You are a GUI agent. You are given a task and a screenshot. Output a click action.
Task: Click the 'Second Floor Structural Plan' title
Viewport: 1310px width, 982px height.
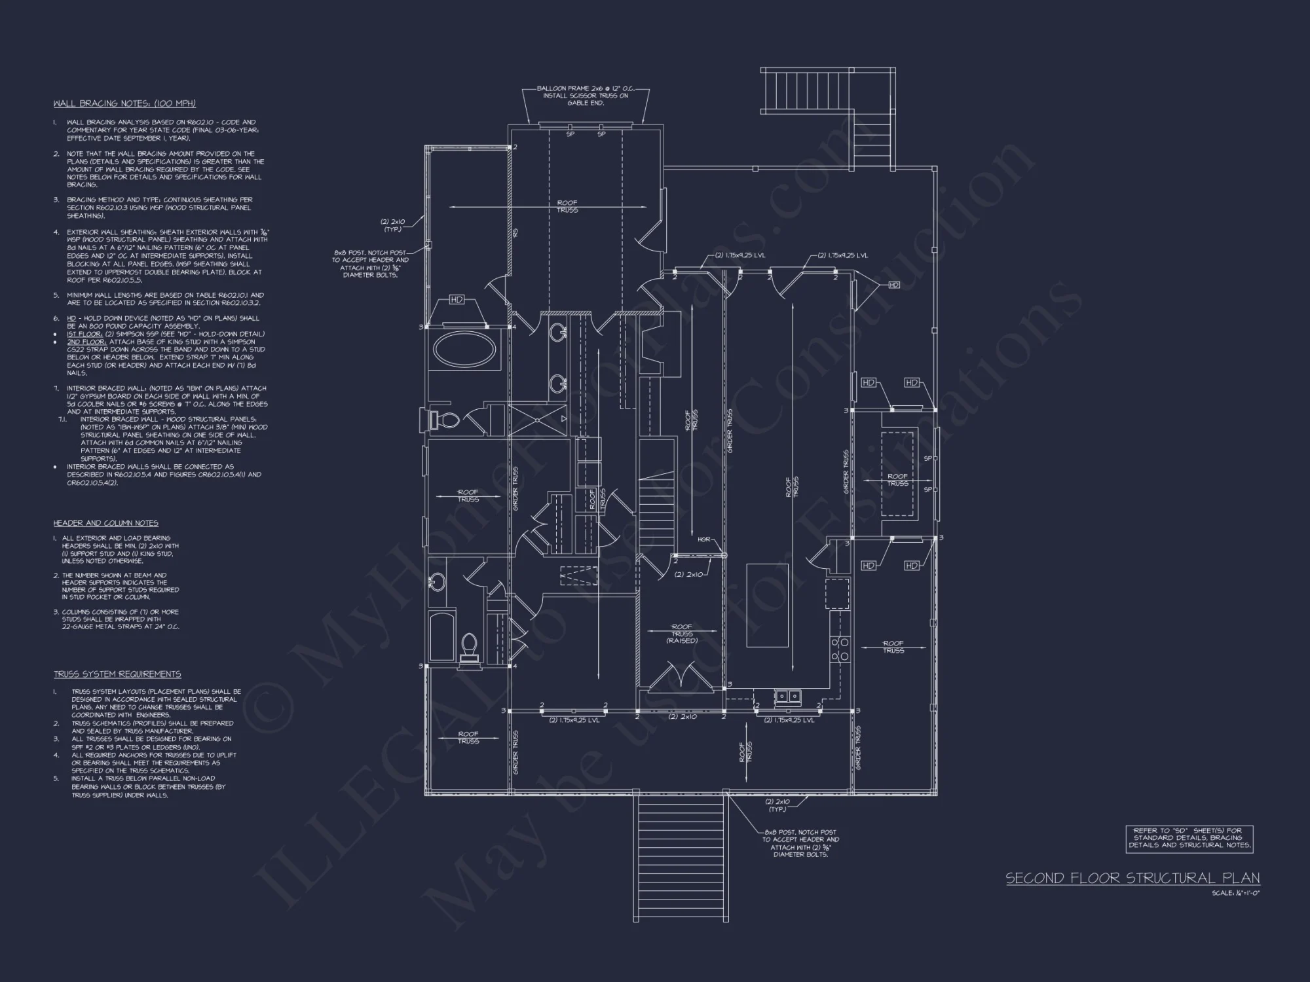[x=1132, y=878]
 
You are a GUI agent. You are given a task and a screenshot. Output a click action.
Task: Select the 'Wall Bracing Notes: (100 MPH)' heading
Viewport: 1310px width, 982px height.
[x=124, y=103]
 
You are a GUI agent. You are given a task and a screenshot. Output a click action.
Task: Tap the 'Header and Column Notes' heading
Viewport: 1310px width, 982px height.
[x=105, y=523]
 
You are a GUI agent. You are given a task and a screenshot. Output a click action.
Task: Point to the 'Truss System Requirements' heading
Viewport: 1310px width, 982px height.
[x=117, y=674]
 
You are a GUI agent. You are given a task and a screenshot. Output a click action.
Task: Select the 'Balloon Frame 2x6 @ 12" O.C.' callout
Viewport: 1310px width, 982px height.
[x=586, y=88]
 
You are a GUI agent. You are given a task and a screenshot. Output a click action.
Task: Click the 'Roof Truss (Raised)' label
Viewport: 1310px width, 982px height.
[x=682, y=634]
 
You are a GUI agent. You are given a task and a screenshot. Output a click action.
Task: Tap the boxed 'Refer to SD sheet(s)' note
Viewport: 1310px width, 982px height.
[x=1189, y=838]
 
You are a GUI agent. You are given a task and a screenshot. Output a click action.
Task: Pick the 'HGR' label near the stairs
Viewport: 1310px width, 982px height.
[x=703, y=539]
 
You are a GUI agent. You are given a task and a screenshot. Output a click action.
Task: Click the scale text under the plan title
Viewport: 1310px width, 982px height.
[x=1235, y=893]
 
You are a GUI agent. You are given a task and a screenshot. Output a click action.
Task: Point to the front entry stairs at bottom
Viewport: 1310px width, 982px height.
[x=681, y=858]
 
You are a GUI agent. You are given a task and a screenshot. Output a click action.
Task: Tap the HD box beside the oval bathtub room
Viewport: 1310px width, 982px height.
[x=457, y=300]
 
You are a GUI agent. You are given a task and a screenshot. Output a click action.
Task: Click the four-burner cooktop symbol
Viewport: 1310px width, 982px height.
[x=840, y=647]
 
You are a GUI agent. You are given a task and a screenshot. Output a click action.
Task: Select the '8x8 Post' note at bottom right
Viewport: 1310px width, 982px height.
[x=800, y=843]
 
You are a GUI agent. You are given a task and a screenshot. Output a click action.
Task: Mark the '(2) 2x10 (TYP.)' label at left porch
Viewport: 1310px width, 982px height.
[x=393, y=225]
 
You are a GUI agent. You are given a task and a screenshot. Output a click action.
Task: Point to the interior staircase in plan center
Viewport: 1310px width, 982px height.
[x=656, y=504]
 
